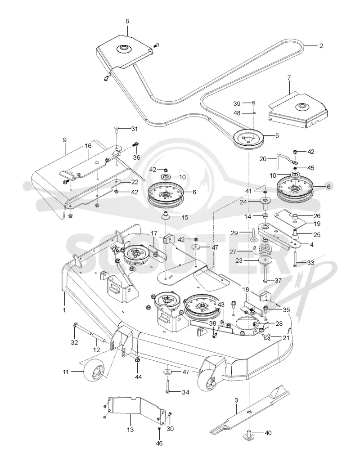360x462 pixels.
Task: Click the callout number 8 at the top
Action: [127, 21]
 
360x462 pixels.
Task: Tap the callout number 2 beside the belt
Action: [321, 46]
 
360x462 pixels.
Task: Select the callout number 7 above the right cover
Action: [289, 78]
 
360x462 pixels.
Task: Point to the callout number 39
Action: [237, 103]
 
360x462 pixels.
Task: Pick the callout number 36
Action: [136, 157]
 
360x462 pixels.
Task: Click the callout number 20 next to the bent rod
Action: [263, 159]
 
